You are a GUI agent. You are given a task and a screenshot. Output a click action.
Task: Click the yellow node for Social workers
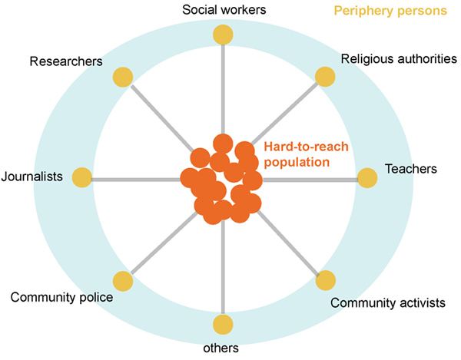tap(223, 35)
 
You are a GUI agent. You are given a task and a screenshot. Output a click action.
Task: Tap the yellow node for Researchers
tap(123, 77)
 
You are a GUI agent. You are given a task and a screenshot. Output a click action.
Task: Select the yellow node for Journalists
tap(81, 178)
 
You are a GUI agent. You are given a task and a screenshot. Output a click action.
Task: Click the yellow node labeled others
tap(223, 324)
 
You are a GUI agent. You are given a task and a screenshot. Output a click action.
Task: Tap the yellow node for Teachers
tap(367, 178)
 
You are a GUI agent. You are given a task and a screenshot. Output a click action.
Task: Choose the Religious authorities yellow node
tap(325, 77)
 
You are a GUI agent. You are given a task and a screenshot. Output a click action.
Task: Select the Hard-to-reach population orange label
tap(297, 154)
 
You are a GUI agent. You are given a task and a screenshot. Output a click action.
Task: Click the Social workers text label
tap(223, 10)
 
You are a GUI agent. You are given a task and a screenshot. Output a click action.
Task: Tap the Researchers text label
tap(66, 61)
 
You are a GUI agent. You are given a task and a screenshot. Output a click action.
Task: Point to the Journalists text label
tap(32, 176)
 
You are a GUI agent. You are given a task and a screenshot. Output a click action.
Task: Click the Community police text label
tap(62, 298)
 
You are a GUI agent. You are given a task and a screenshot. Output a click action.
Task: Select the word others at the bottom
tap(221, 348)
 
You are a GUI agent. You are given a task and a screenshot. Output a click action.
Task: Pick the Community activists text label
tap(387, 303)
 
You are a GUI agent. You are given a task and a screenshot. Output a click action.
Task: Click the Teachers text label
tap(410, 167)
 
